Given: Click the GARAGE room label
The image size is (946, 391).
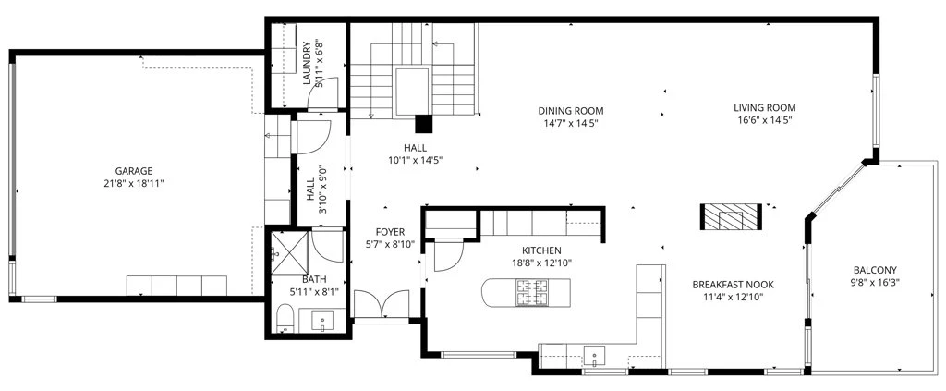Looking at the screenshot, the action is (134, 171).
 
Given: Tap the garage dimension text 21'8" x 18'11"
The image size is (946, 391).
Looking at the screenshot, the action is (134, 183).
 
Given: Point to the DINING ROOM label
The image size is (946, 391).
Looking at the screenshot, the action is (571, 111).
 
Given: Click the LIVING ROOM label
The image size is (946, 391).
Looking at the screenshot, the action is (764, 108).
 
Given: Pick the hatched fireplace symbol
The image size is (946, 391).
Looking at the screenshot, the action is (731, 216).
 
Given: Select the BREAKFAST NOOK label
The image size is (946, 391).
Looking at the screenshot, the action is (733, 284).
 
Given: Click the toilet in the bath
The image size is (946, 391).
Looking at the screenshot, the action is (285, 318).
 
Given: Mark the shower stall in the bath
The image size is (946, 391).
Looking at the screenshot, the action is (289, 253).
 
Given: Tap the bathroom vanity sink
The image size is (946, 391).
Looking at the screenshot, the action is (322, 321).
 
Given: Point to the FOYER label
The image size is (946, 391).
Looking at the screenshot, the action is (390, 232).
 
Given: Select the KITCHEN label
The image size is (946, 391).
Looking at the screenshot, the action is (541, 250).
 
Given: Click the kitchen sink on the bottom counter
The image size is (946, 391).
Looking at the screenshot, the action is (595, 356).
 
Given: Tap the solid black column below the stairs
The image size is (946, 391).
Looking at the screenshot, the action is (424, 123).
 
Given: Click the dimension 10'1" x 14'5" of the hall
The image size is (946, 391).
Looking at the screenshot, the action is (415, 160).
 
